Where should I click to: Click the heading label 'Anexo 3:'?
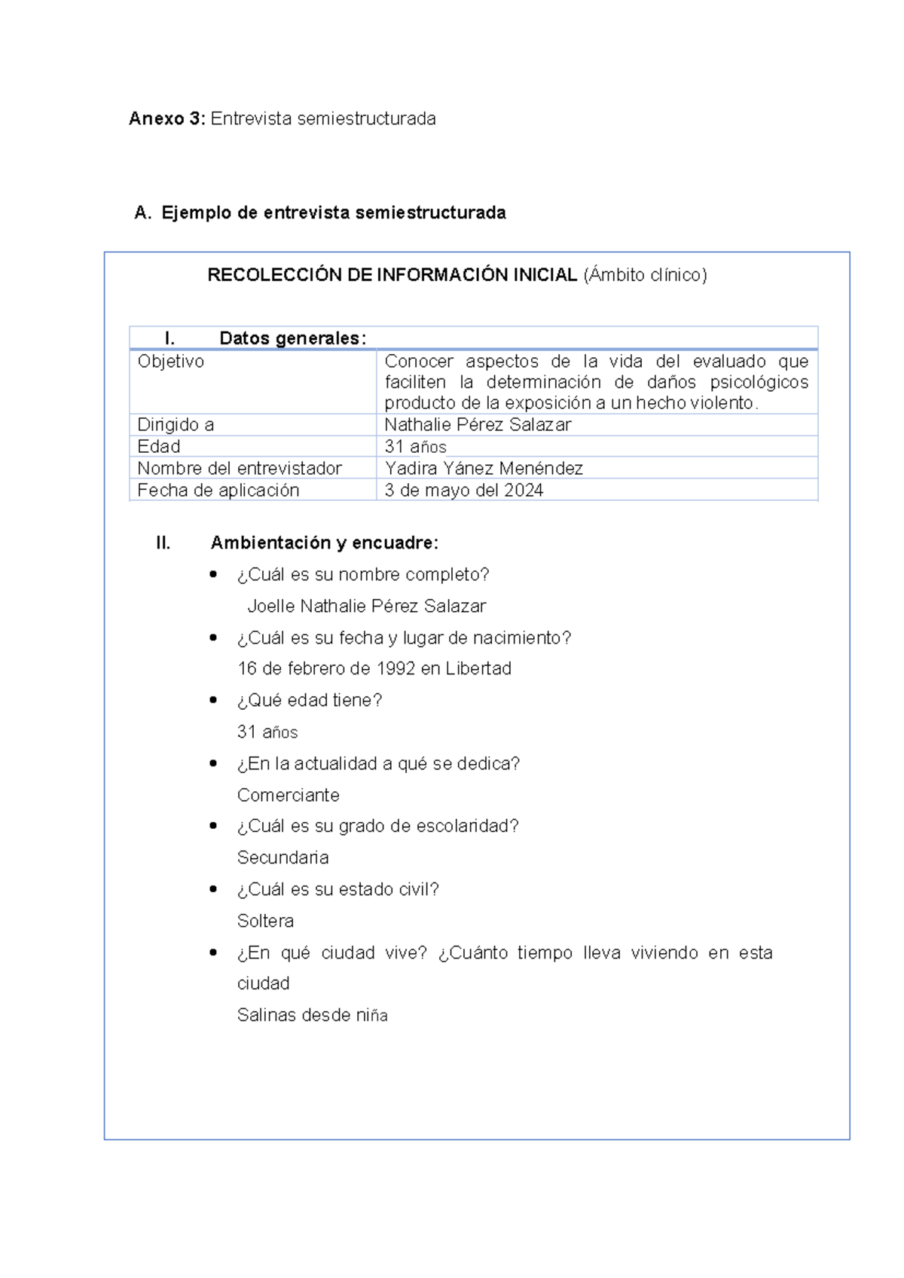(166, 119)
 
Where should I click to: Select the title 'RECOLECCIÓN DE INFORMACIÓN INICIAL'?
(392, 275)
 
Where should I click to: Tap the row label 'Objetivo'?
(171, 362)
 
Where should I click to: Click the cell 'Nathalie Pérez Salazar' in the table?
(478, 425)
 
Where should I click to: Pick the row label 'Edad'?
(159, 447)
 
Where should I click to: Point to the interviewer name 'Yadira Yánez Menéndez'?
(484, 469)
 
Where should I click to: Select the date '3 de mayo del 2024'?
(464, 491)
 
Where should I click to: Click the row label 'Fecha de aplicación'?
(218, 491)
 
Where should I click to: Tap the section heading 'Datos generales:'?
(292, 338)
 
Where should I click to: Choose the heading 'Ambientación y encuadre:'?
(324, 543)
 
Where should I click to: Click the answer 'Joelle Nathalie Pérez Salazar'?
(366, 606)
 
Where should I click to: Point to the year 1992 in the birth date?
(395, 668)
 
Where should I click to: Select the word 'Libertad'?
(478, 668)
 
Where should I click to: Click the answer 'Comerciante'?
(288, 795)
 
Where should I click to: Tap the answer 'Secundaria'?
(282, 858)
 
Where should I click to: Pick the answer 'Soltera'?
(265, 921)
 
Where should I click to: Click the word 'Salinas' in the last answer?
(266, 1015)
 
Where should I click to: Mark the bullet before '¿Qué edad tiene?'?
(213, 700)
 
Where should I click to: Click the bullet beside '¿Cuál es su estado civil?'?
(213, 889)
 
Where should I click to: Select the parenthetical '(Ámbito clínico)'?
(645, 275)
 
